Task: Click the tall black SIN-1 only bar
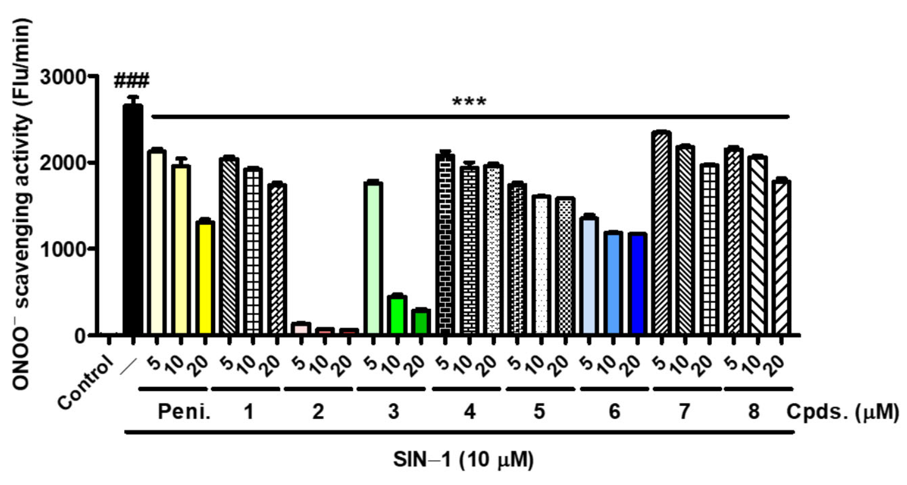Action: click(x=133, y=218)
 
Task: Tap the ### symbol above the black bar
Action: click(x=132, y=80)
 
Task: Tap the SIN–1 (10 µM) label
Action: click(x=463, y=460)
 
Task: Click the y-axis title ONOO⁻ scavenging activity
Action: click(x=22, y=204)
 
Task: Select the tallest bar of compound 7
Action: click(x=661, y=232)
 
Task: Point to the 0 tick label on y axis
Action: click(x=80, y=336)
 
